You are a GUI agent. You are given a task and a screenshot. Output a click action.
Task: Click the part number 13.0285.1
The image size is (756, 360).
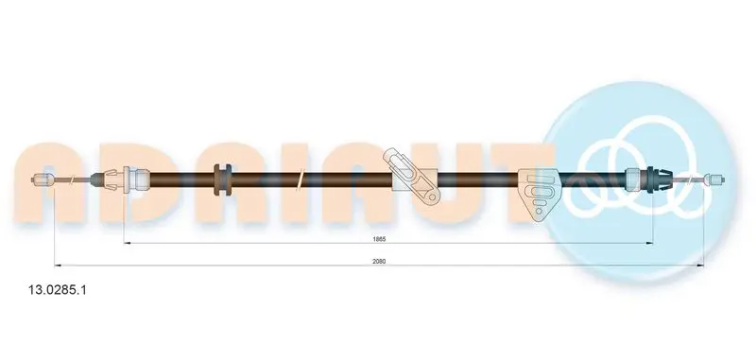click(58, 290)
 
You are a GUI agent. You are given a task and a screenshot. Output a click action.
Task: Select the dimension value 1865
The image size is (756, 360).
click(379, 238)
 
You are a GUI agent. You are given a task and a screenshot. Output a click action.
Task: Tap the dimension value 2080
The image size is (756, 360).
click(379, 261)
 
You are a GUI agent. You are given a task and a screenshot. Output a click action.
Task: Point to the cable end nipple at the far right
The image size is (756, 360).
click(714, 180)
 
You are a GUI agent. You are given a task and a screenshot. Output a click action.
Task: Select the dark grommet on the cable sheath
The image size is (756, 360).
click(222, 180)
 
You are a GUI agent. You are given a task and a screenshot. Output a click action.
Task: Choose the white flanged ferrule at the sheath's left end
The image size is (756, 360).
click(137, 180)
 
